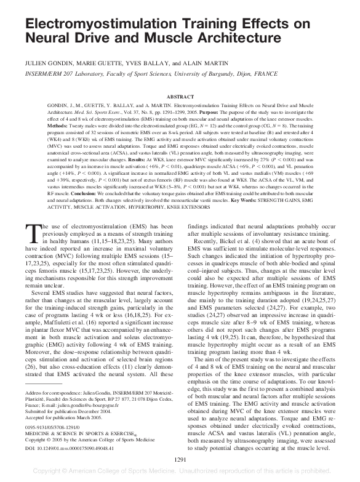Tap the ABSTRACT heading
tap(180, 97)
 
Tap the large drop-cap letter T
tap(33, 235)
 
